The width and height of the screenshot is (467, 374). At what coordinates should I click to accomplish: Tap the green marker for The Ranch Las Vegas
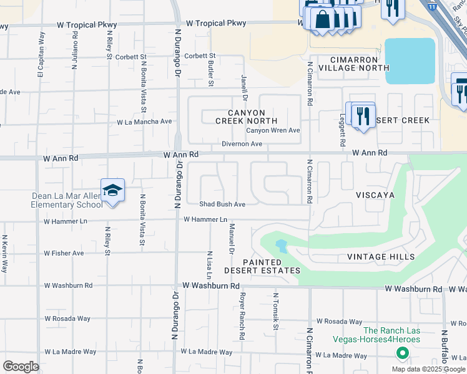coord(403,353)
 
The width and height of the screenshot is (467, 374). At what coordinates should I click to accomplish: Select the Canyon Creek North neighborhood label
coord(246,116)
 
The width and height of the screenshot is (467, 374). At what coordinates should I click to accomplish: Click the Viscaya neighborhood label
coord(375,195)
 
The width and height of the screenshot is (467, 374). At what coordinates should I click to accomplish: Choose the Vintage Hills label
coord(381,257)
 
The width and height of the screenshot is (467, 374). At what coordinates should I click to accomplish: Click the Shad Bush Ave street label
coord(222,204)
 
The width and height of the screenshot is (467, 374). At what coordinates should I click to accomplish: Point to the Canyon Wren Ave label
coord(273,130)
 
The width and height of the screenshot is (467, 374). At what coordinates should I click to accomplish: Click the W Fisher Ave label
coord(64,253)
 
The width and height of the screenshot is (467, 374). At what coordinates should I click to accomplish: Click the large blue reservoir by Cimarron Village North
coord(410,60)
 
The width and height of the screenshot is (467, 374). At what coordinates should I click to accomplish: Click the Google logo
coord(21,367)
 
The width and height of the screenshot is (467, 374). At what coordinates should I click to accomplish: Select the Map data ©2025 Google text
coord(428,369)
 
